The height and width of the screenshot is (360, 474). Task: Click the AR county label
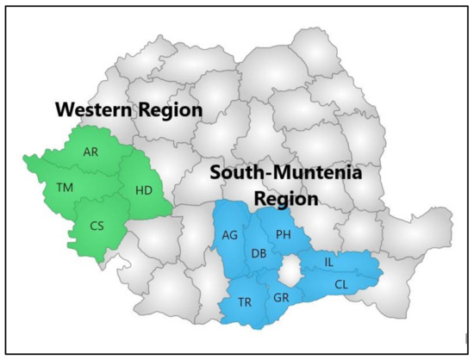tap(90, 152)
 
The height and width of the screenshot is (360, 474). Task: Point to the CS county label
tap(97, 226)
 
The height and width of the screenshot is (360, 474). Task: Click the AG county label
tap(229, 235)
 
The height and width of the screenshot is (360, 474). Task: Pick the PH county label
tap(283, 234)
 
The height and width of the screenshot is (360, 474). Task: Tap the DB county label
tap(259, 253)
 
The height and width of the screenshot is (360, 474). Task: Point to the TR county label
tap(245, 303)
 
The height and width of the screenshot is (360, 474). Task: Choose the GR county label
tap(281, 298)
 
